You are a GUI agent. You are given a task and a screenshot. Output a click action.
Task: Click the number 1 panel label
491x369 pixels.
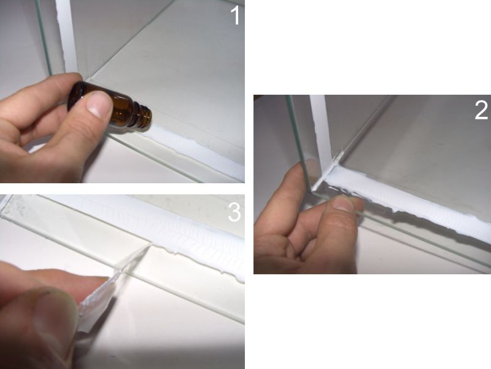tap(236, 15)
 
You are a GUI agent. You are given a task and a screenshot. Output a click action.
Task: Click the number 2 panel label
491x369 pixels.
tap(481, 110)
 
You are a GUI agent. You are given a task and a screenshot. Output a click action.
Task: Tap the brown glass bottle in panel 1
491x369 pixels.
tap(110, 105)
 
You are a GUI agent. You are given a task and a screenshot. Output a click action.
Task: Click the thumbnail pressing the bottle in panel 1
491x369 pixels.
tap(99, 105)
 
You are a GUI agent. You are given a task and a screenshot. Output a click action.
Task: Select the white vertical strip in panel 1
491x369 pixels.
tap(66, 36)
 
